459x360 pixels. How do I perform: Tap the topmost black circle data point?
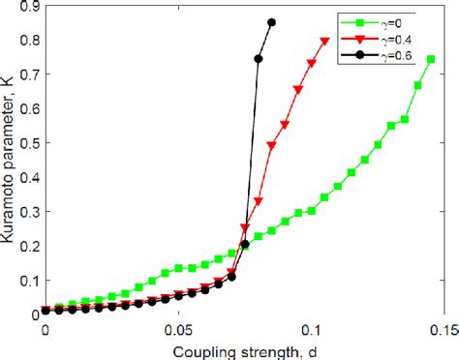[x=271, y=22]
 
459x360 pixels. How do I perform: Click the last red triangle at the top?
[x=324, y=42]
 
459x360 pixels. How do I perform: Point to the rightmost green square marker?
[x=431, y=60]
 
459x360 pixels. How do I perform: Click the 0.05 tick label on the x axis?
[x=177, y=330]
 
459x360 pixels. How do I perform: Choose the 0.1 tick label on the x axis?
[x=312, y=330]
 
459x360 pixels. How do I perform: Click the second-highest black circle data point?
[x=259, y=59]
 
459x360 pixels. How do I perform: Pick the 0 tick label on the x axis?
[x=45, y=330]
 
